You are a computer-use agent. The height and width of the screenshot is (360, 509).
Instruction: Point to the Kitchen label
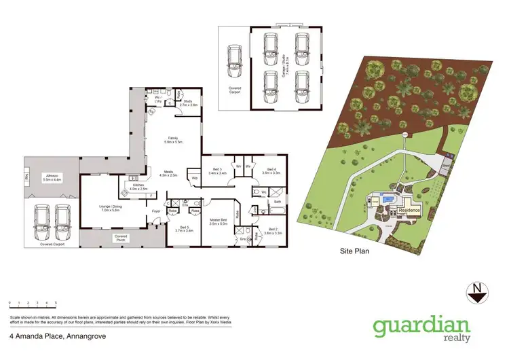[x=138, y=187]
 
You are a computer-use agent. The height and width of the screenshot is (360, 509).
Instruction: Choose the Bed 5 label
[x=185, y=230]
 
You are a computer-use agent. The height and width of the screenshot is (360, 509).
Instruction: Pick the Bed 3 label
[x=218, y=171]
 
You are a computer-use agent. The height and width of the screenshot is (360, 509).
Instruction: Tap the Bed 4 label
[x=271, y=171]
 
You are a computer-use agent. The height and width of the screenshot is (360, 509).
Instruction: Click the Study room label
[x=188, y=104]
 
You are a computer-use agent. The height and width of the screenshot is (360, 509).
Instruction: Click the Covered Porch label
[x=121, y=238]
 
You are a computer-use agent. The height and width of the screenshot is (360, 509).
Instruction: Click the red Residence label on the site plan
[x=409, y=211]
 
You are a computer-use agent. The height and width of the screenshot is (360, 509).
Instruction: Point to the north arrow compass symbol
[x=478, y=291]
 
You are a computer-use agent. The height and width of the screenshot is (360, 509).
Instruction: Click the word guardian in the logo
[x=421, y=325]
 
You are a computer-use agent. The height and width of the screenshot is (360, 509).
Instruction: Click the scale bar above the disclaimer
[x=33, y=302]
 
